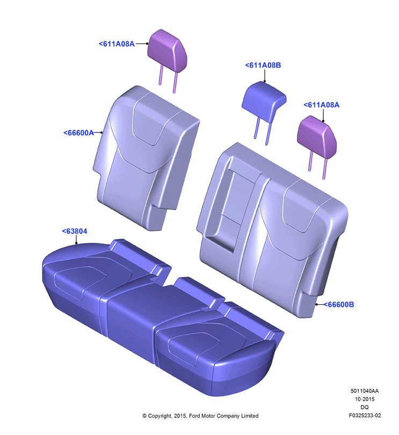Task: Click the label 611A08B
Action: (263, 65)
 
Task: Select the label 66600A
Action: (79, 133)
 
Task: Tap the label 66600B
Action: (339, 305)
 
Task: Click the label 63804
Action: (75, 231)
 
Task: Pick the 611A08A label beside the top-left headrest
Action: (117, 44)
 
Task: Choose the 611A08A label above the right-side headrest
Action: (322, 105)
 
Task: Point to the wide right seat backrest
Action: (273, 230)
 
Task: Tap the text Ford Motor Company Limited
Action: (224, 416)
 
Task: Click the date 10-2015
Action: (365, 399)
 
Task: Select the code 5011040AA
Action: (365, 391)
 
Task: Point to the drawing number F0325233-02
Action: (365, 416)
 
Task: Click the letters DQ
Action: (365, 407)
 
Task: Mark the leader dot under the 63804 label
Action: (76, 244)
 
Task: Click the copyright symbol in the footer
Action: (144, 416)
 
